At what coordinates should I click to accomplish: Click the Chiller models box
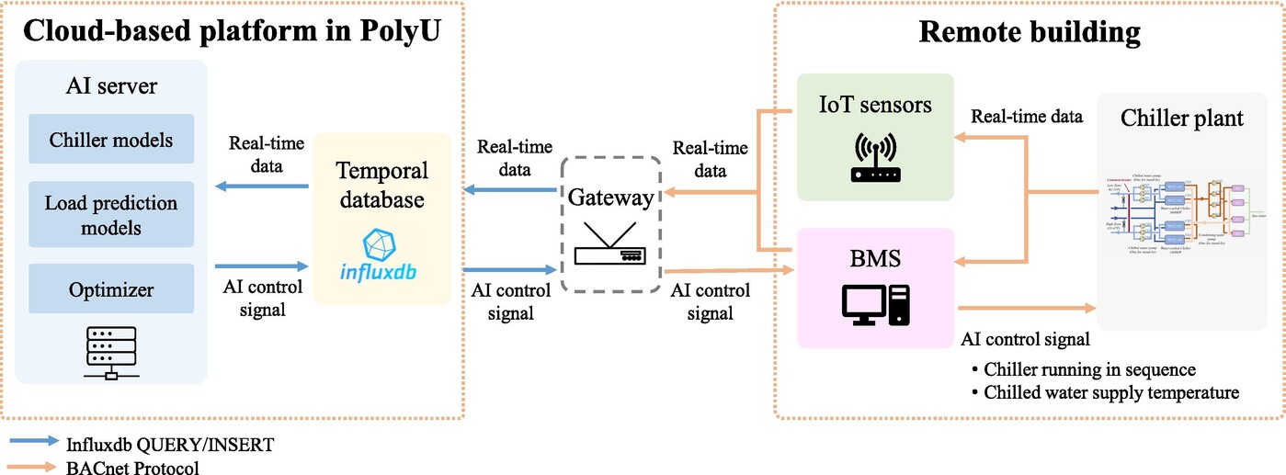click(110, 141)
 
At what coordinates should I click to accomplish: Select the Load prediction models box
click(110, 215)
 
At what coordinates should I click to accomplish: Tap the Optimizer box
click(110, 289)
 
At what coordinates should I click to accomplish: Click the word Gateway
click(611, 197)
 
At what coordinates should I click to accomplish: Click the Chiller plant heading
click(1181, 119)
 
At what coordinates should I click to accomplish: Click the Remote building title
click(1029, 33)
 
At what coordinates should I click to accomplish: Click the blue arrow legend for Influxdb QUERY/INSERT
click(35, 443)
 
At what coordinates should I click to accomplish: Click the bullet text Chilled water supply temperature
click(1110, 392)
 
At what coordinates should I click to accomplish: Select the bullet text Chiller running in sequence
click(1088, 369)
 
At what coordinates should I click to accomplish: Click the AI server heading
click(110, 86)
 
